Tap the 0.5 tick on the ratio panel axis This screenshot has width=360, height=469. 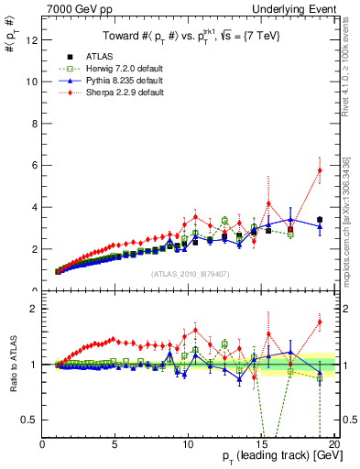(30, 420)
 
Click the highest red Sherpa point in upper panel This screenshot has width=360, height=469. (320, 169)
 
